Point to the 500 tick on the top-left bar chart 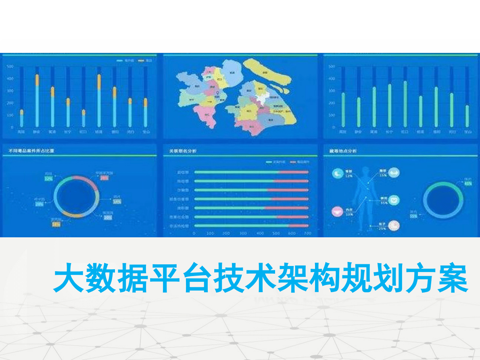[x=10, y=66]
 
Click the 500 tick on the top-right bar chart [x=332, y=66]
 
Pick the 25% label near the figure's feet [x=382, y=229]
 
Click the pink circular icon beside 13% [x=336, y=211]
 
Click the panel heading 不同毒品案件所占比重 [x=31, y=151]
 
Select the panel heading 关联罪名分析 [x=182, y=151]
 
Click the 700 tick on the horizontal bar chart [x=308, y=233]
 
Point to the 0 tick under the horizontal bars [x=194, y=233]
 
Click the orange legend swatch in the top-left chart [x=141, y=61]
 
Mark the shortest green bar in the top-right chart [x=467, y=116]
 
